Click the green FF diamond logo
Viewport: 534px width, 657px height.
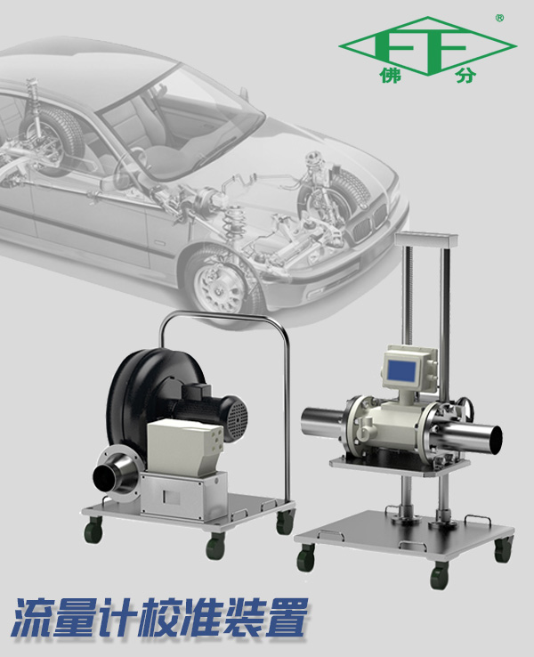click(x=427, y=46)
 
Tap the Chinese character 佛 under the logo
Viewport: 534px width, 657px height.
click(x=391, y=76)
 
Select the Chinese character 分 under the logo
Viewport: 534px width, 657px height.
click(x=466, y=76)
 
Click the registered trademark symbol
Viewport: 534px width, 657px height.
click(x=499, y=18)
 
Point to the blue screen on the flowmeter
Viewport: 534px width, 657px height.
click(x=402, y=370)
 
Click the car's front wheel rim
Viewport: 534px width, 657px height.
click(x=218, y=285)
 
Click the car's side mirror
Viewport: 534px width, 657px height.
click(x=244, y=93)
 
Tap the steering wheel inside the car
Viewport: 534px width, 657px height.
click(x=128, y=167)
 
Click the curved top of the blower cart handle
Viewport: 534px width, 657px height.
click(x=222, y=315)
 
